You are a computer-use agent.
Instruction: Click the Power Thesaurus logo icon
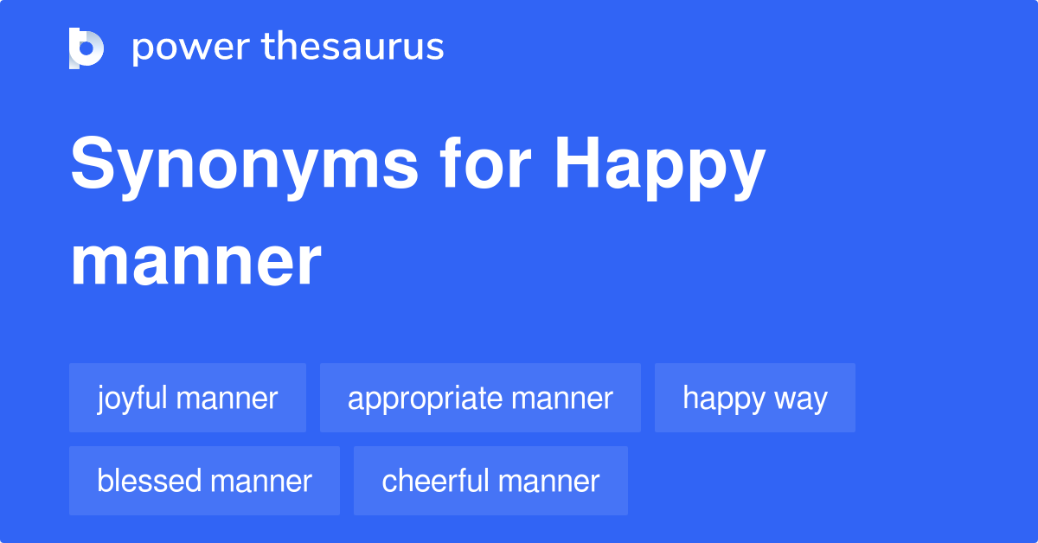pos(86,48)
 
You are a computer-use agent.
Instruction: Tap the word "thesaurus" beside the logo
pos(354,48)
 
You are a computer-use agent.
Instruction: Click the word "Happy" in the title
pos(660,169)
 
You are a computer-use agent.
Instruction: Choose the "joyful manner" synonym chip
pos(188,398)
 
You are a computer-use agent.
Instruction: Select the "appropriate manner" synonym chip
pos(480,398)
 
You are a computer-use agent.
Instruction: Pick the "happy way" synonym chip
pos(755,398)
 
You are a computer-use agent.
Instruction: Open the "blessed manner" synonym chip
pos(204,481)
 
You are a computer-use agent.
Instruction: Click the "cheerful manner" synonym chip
pos(490,481)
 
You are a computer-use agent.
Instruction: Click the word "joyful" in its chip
pos(135,398)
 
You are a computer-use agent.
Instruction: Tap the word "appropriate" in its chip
pos(425,399)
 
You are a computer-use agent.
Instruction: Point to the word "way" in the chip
pos(801,399)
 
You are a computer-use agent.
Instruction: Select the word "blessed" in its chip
pos(149,481)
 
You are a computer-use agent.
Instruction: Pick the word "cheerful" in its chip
pos(437,481)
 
